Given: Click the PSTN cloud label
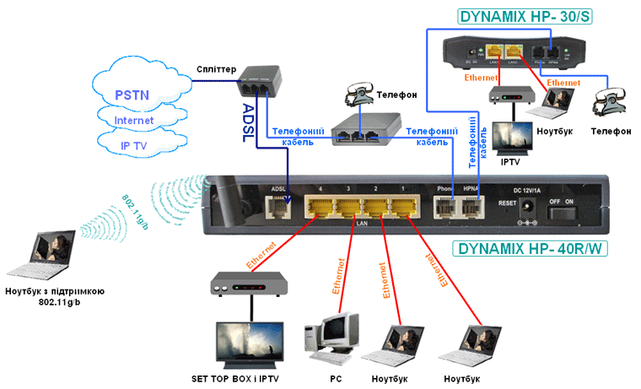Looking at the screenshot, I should pyautogui.click(x=134, y=94).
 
